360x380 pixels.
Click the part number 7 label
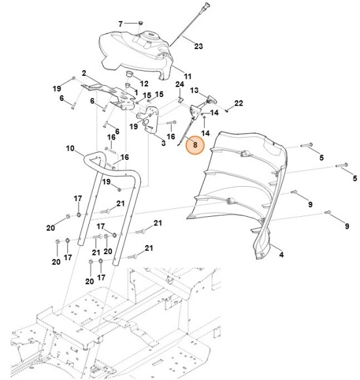click(x=120, y=24)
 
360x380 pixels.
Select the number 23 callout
click(x=199, y=47)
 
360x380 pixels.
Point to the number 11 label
click(x=187, y=77)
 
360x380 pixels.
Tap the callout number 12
click(x=144, y=84)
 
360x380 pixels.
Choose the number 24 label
click(x=179, y=85)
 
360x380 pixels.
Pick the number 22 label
click(x=239, y=103)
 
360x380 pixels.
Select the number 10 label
click(x=70, y=149)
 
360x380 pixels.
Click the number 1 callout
click(x=135, y=92)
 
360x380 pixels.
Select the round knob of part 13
click(x=212, y=98)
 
